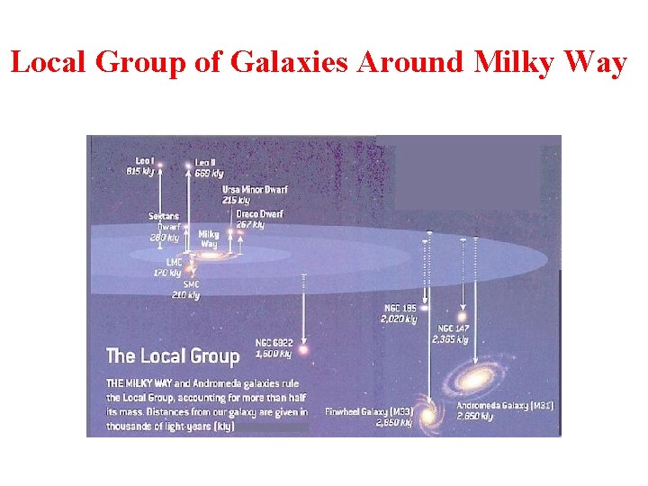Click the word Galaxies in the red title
[x=274, y=64]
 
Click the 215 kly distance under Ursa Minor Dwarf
[x=236, y=200]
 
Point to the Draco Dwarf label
[x=259, y=214]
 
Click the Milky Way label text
[x=208, y=239]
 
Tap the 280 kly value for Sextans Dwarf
[x=165, y=238]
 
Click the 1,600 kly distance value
[x=274, y=354]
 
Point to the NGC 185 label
[x=400, y=309]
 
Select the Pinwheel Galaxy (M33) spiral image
[x=428, y=415]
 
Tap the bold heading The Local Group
[x=173, y=356]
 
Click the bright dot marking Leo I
[x=159, y=165]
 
